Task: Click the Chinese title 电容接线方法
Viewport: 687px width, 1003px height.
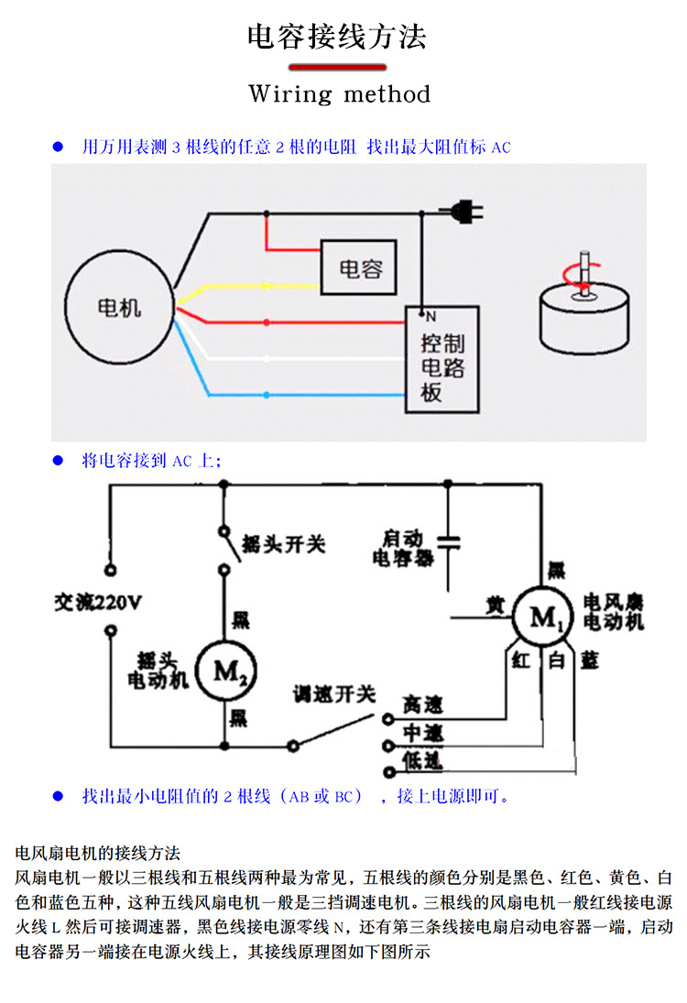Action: pyautogui.click(x=337, y=38)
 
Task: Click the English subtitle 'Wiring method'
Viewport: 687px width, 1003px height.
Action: pyautogui.click(x=339, y=94)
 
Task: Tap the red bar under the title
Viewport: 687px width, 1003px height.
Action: pyautogui.click(x=337, y=67)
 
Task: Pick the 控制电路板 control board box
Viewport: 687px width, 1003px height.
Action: pyautogui.click(x=442, y=358)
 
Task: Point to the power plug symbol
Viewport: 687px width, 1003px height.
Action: pyautogui.click(x=467, y=213)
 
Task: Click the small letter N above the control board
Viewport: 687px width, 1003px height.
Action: pyautogui.click(x=430, y=317)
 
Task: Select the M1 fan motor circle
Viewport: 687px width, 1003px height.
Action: pyautogui.click(x=544, y=618)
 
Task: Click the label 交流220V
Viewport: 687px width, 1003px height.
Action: pyautogui.click(x=98, y=603)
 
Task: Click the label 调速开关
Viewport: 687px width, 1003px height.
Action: pyautogui.click(x=334, y=694)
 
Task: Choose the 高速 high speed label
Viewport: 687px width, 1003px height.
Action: pyautogui.click(x=422, y=704)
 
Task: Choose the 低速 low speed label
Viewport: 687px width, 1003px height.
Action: pyautogui.click(x=422, y=759)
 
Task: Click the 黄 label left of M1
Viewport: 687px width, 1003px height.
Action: pyautogui.click(x=495, y=605)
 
